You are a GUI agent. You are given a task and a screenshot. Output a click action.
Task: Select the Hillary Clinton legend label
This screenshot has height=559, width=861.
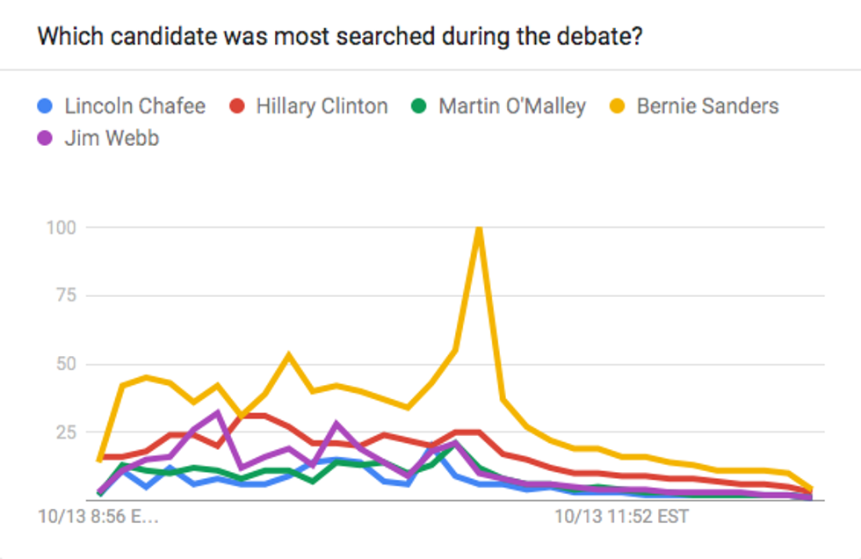tap(322, 106)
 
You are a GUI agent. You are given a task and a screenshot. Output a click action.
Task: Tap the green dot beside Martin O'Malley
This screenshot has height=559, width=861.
tap(419, 107)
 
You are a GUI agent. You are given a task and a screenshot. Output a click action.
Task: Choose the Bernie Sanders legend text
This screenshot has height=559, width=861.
tap(707, 106)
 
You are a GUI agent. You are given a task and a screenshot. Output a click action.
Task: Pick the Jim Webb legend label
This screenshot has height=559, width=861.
tap(112, 138)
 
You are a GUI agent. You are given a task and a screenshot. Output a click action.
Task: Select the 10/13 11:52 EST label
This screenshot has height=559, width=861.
tap(621, 516)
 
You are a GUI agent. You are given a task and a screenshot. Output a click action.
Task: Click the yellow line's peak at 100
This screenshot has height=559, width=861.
tap(478, 229)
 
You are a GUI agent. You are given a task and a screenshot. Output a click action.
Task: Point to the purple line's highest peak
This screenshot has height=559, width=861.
tap(219, 411)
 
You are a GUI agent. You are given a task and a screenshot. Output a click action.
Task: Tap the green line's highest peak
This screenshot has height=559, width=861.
tap(455, 445)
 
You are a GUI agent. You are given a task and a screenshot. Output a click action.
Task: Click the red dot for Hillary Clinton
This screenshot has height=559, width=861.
tap(237, 107)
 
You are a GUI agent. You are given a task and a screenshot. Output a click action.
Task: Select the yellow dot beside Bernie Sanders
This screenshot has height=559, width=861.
tap(617, 107)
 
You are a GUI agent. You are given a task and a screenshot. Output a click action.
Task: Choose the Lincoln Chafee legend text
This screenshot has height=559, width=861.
tap(134, 106)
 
